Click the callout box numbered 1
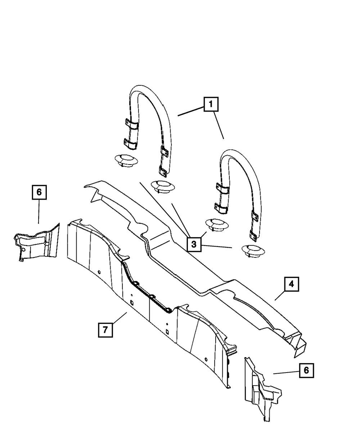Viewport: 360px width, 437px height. point(211,105)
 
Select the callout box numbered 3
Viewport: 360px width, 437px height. point(194,244)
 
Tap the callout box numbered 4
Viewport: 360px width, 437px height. point(291,284)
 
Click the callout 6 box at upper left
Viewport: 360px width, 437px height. point(39,192)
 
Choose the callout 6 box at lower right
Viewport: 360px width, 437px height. point(306,370)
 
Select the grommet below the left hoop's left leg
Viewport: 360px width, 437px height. point(123,159)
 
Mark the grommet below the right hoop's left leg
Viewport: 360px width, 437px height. point(215,224)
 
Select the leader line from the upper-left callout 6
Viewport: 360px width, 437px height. point(39,212)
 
